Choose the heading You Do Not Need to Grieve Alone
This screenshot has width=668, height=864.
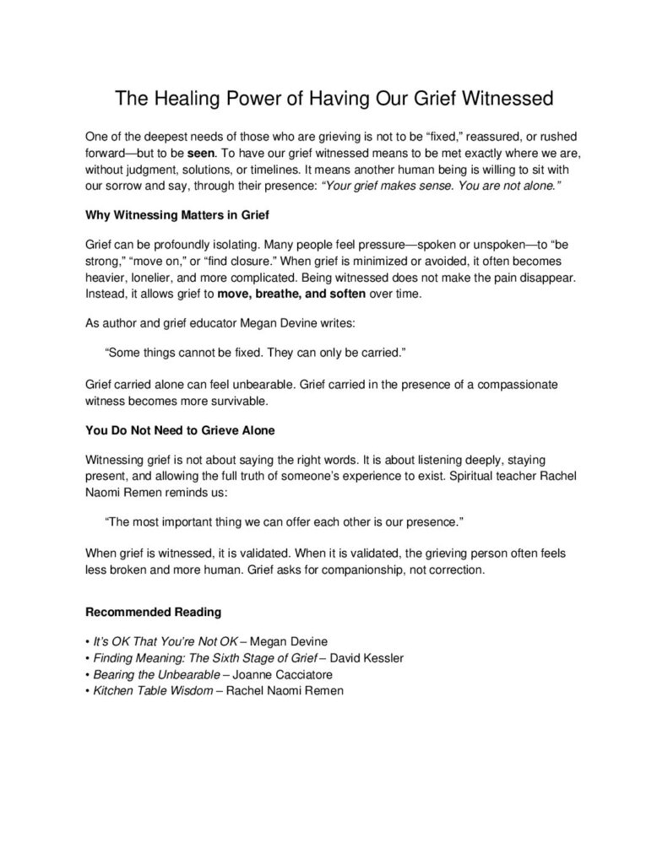click(180, 429)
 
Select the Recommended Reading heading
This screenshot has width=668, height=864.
click(154, 610)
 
